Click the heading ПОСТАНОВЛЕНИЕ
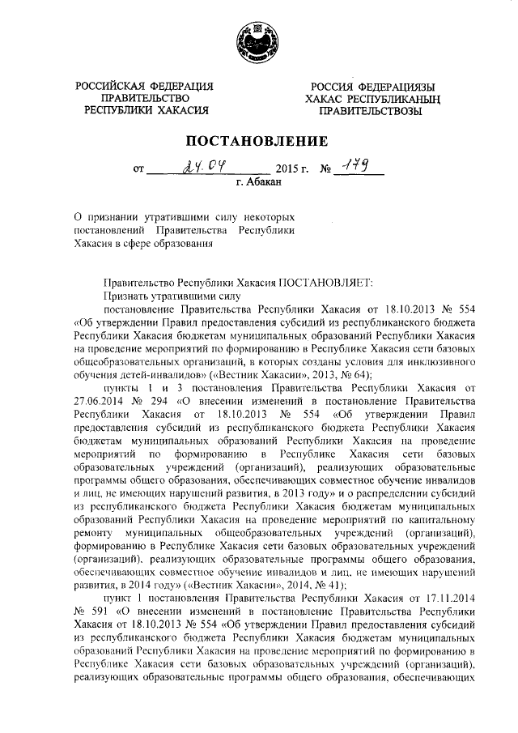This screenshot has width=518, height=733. (x=258, y=141)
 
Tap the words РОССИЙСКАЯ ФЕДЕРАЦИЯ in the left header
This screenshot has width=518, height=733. (x=145, y=87)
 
